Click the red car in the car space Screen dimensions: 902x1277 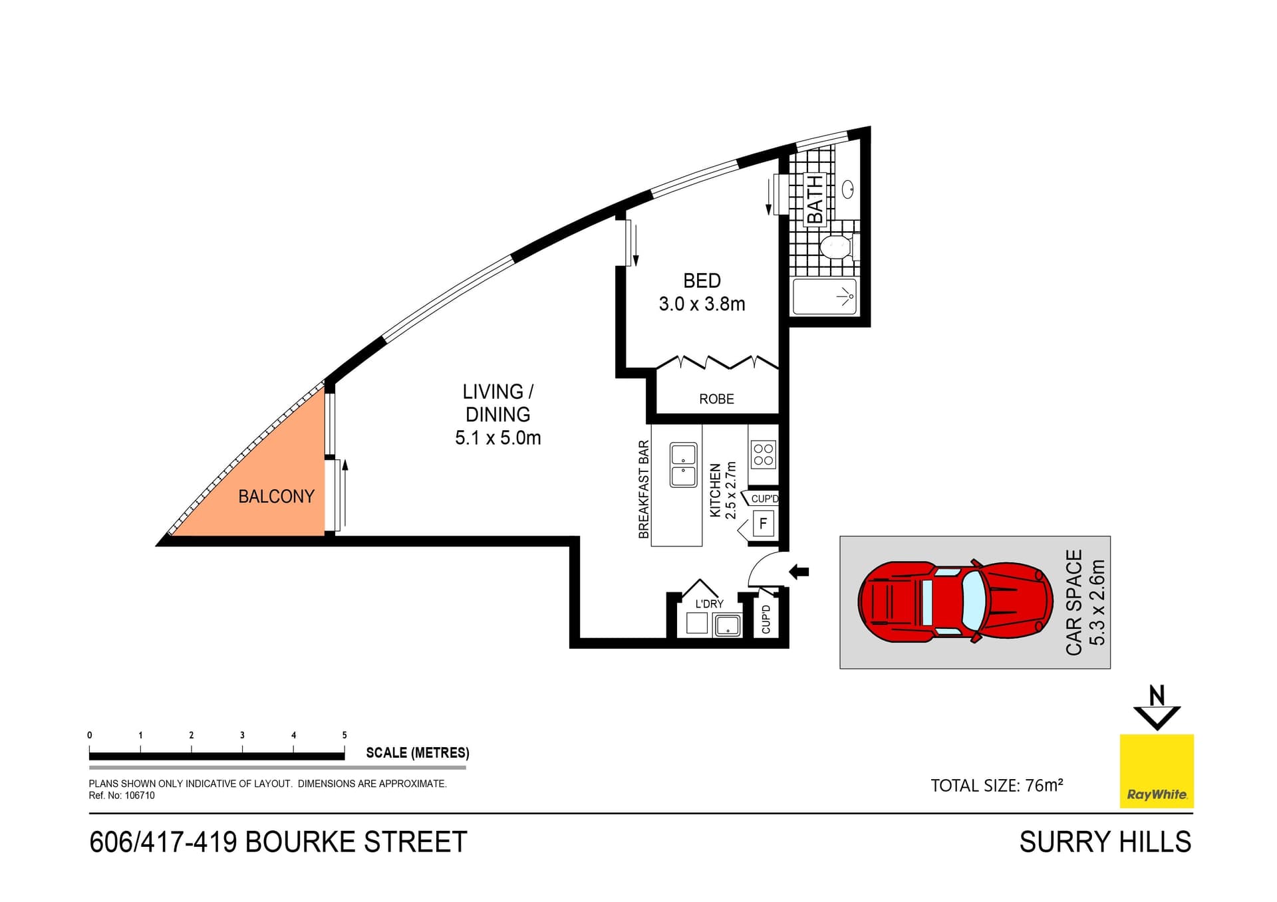(x=955, y=601)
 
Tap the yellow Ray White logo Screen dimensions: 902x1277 (x=1157, y=771)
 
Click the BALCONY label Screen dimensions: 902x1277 (x=276, y=497)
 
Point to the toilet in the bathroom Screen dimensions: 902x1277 (x=837, y=247)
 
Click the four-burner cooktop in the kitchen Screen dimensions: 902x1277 (x=764, y=455)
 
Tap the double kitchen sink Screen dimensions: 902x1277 (x=683, y=465)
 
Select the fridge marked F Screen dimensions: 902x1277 (x=763, y=523)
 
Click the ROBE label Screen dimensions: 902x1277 (x=716, y=399)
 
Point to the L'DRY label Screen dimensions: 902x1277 (x=709, y=604)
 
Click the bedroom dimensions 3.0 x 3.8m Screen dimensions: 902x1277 (x=702, y=304)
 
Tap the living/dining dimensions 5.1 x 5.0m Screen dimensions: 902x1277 (x=497, y=438)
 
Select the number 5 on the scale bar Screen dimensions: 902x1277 (x=345, y=735)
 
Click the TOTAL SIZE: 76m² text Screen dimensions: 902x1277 (x=996, y=786)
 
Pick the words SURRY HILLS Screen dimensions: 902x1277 (x=1105, y=842)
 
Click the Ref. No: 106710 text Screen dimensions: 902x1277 (x=122, y=796)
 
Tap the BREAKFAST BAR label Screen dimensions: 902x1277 (x=643, y=489)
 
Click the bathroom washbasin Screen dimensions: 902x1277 (x=847, y=189)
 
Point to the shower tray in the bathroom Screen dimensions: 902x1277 (x=825, y=297)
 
